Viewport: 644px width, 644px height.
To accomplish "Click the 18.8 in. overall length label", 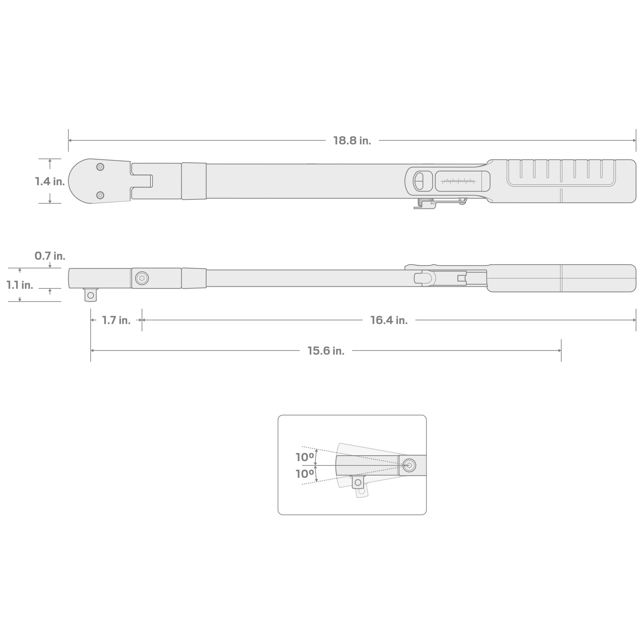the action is click(352, 141).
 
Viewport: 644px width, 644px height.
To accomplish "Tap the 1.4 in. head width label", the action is click(50, 181).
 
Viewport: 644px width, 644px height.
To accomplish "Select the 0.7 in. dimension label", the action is click(50, 256).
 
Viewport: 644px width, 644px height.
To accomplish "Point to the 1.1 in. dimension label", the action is click(20, 285).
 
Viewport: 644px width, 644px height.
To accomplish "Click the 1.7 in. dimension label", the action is click(116, 320).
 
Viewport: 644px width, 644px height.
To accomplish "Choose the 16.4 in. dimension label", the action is click(389, 320).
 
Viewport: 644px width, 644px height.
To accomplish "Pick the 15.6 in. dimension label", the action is click(326, 351).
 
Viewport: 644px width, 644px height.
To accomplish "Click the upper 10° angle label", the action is click(305, 457).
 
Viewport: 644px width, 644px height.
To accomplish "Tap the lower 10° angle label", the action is click(305, 474).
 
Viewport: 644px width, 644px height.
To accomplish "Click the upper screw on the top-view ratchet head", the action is click(100, 167).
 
